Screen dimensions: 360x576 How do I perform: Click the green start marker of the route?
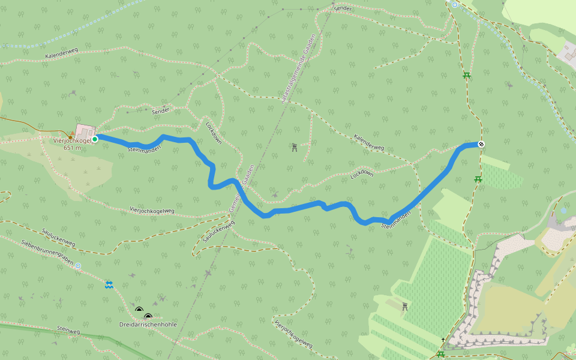pos(95,139)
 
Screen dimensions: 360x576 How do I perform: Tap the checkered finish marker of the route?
pos(481,144)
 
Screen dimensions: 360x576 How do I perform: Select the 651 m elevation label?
pos(71,148)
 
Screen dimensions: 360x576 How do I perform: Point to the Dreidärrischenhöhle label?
pos(148,324)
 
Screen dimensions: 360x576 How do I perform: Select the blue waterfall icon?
pos(109,284)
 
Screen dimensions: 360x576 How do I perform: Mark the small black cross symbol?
pos(443,340)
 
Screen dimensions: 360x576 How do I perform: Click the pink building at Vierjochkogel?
pos(85,131)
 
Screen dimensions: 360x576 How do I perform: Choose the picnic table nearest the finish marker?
pos(478,179)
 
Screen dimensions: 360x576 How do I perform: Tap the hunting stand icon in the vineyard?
pos(405,307)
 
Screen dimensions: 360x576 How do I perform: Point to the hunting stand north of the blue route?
pos(295,148)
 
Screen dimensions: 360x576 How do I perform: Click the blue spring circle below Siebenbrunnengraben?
pos(78,265)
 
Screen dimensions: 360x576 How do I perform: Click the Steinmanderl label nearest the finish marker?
pos(396,220)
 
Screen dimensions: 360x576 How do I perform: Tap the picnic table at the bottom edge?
pos(441,355)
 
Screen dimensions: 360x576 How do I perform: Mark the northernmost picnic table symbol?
pos(466,75)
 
